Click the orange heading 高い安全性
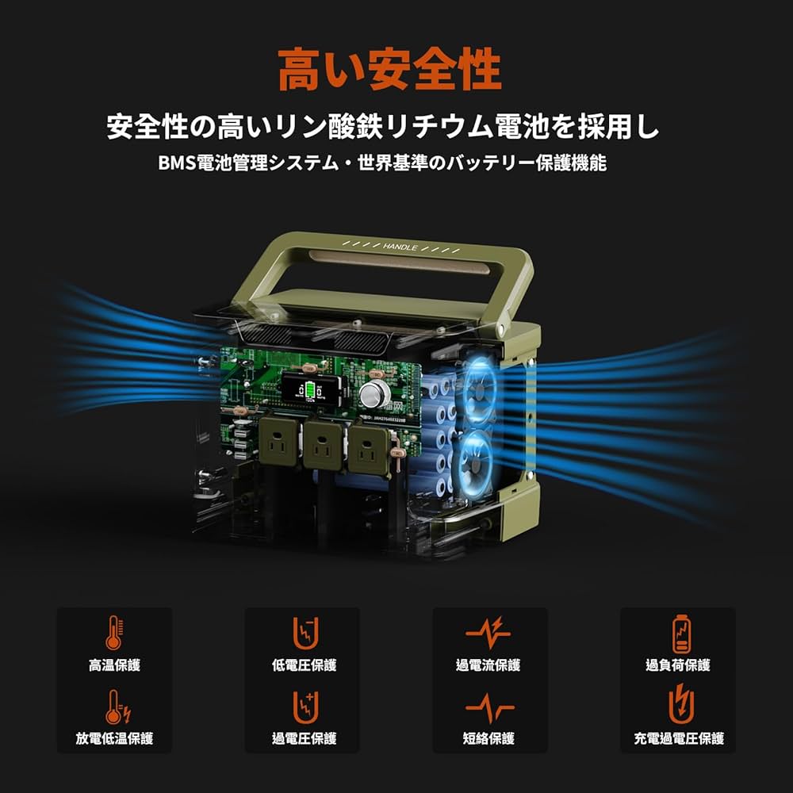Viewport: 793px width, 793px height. pos(389,70)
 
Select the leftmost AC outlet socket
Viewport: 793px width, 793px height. pos(278,448)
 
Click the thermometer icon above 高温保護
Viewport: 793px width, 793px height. pos(115,633)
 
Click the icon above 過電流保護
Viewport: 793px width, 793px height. pos(489,632)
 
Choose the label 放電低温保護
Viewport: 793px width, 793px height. pos(115,738)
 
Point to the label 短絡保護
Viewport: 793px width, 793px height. pos(489,738)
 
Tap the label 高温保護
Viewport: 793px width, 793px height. pos(115,665)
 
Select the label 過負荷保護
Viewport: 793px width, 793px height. pos(678,665)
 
